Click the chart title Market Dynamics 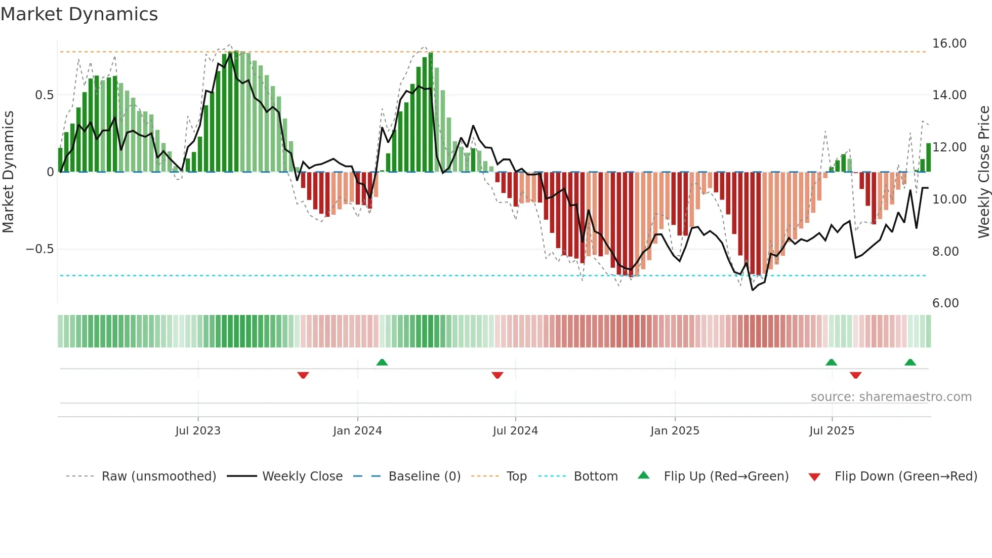pyautogui.click(x=79, y=14)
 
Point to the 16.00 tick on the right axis pyautogui.click(x=949, y=44)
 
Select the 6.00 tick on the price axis pyautogui.click(x=945, y=303)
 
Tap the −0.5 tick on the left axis pyautogui.click(x=39, y=249)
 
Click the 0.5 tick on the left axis pyautogui.click(x=44, y=95)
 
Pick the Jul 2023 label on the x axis pyautogui.click(x=198, y=431)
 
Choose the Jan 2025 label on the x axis pyautogui.click(x=675, y=431)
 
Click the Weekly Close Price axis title pyautogui.click(x=983, y=172)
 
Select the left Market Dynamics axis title pyautogui.click(x=8, y=172)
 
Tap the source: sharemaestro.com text pyautogui.click(x=891, y=397)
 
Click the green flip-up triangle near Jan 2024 pyautogui.click(x=382, y=363)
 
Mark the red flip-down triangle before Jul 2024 pyautogui.click(x=498, y=375)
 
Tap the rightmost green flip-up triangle pyautogui.click(x=910, y=363)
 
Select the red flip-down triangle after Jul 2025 pyautogui.click(x=856, y=375)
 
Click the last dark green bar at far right pyautogui.click(x=929, y=157)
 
